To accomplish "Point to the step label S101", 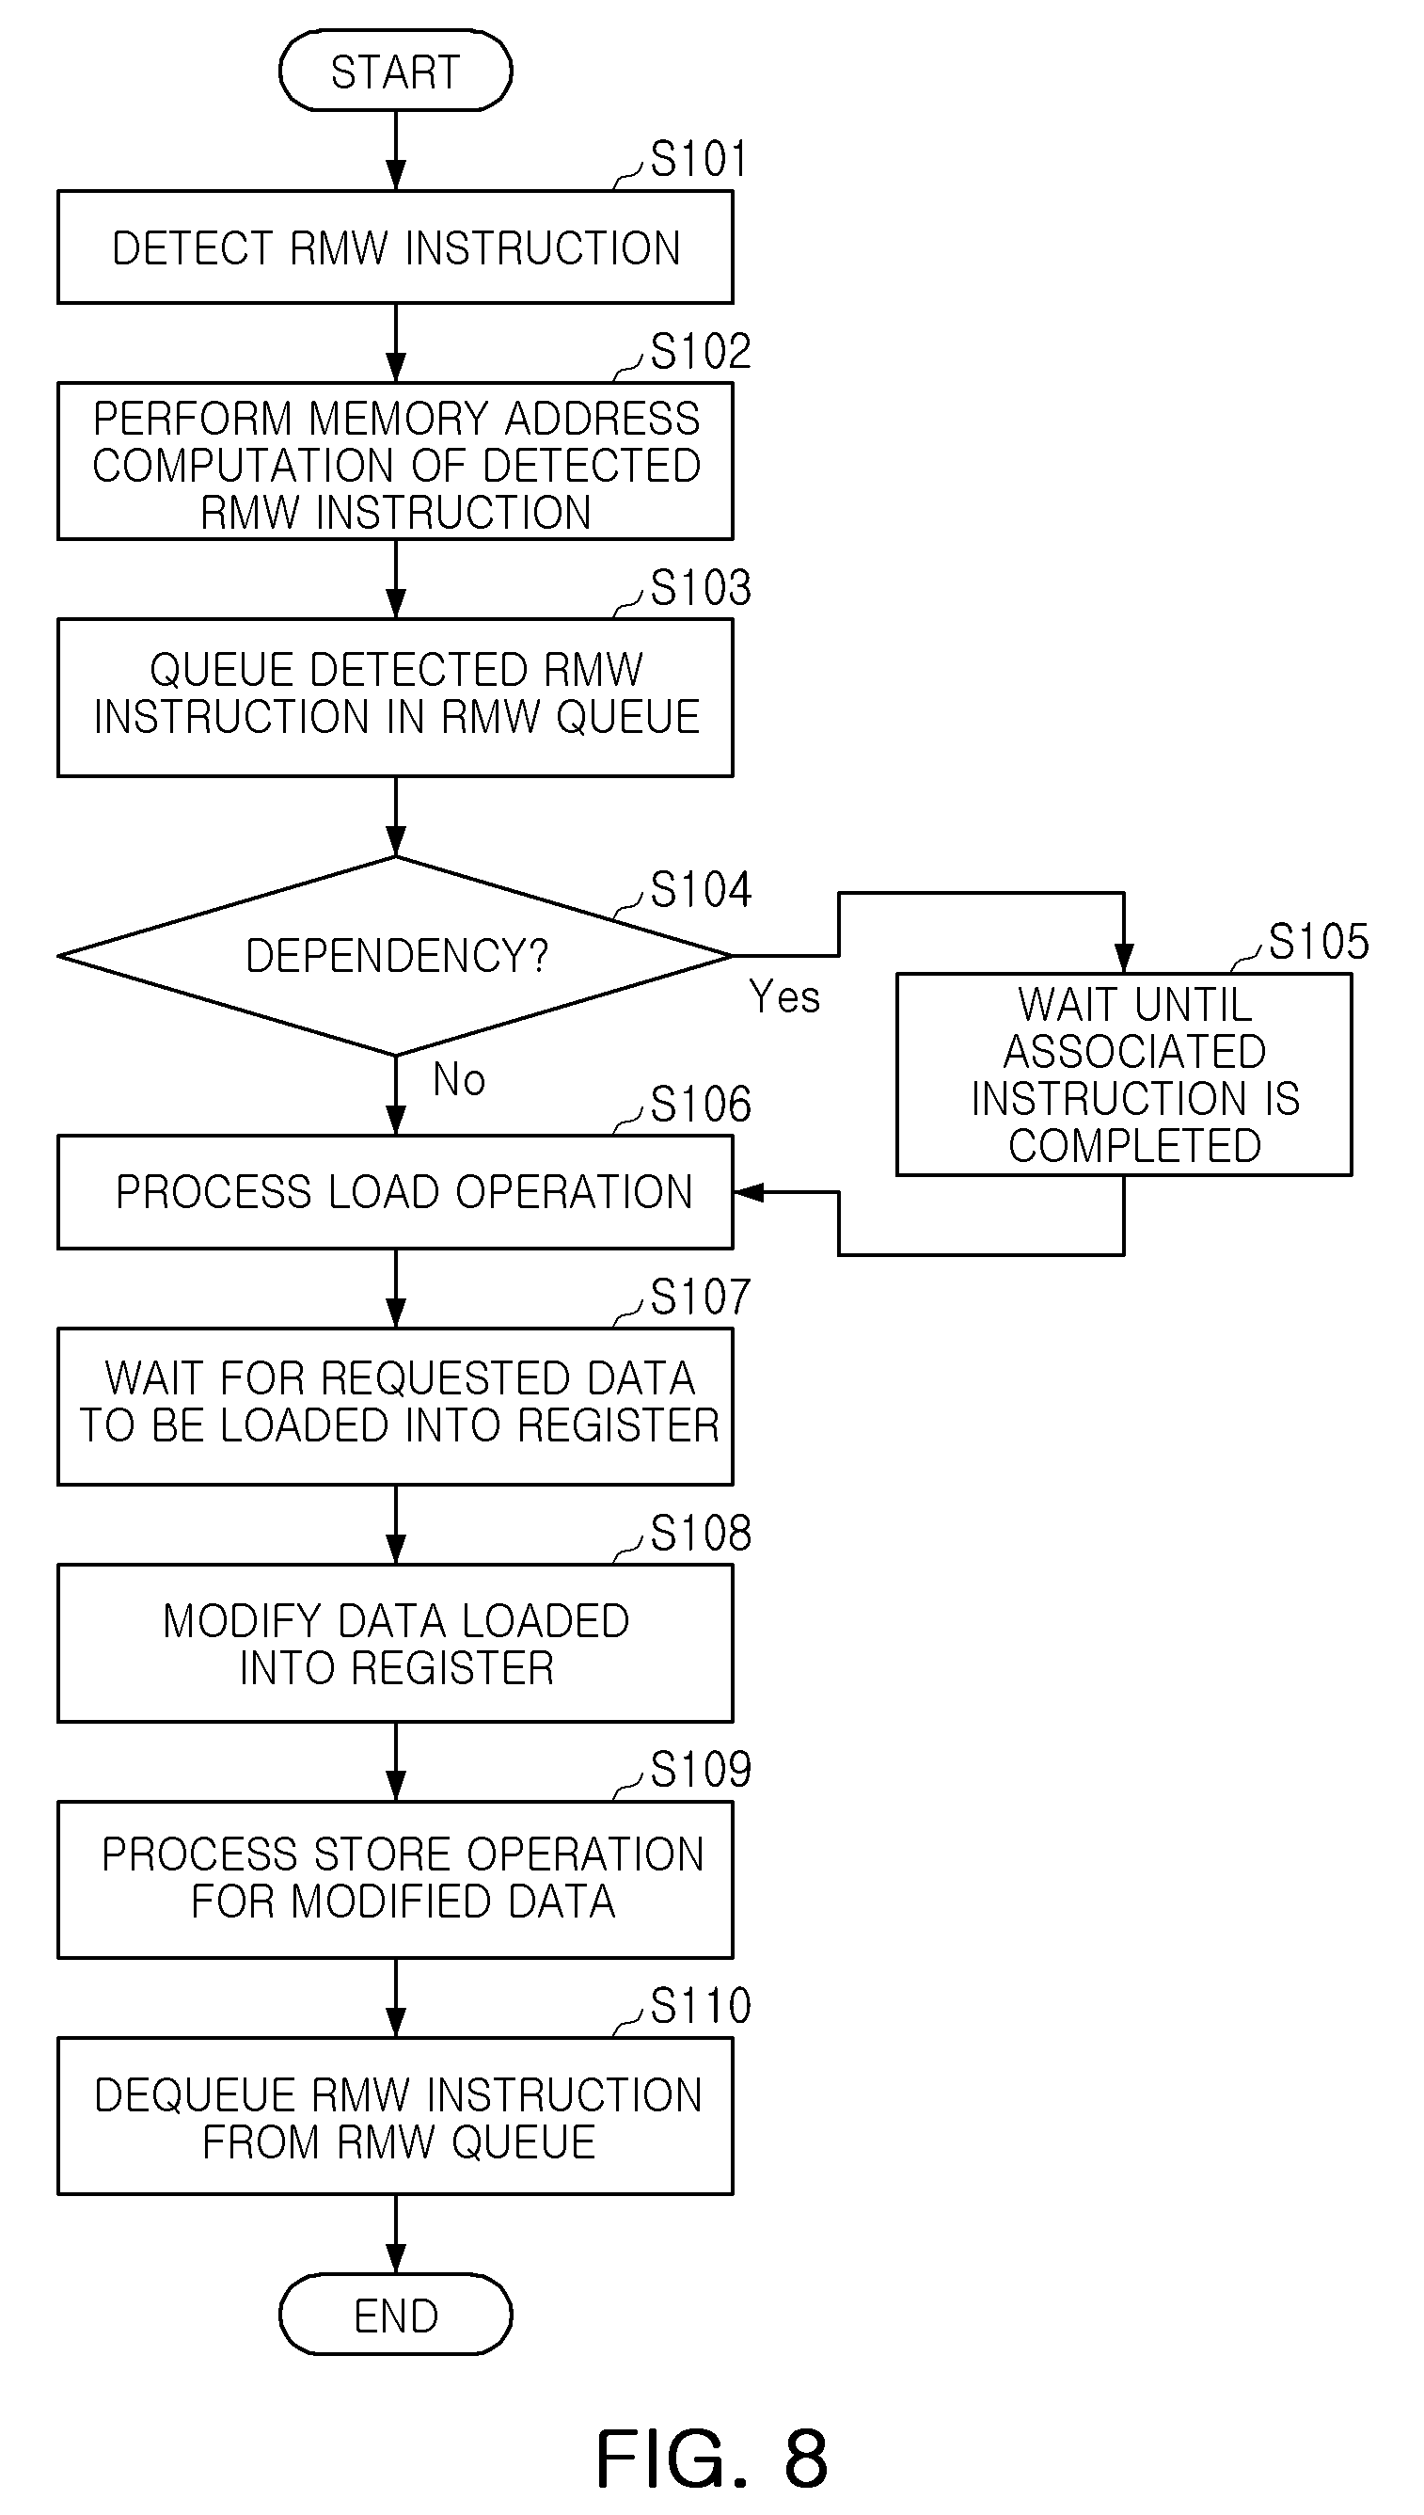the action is click(x=699, y=158).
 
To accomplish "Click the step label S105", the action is click(x=1319, y=941).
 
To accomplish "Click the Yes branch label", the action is click(x=784, y=996).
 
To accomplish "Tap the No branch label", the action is click(x=459, y=1080).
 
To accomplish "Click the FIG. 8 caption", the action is click(x=712, y=2459).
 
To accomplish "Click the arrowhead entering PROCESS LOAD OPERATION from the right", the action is click(x=748, y=1192).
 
